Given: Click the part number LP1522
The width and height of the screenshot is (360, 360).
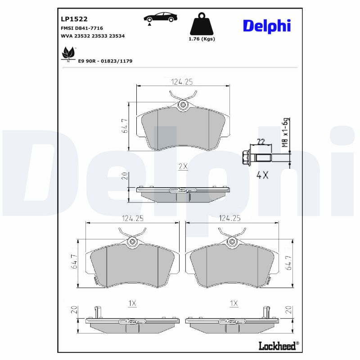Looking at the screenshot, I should (x=74, y=19).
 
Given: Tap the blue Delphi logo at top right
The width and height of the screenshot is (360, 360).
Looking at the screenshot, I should (x=267, y=26).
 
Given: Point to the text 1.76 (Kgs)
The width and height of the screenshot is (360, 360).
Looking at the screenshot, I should (x=201, y=39).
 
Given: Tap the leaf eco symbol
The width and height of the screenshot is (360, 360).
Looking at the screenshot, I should (x=68, y=54).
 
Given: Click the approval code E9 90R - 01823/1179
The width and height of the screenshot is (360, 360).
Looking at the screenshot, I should (x=105, y=60).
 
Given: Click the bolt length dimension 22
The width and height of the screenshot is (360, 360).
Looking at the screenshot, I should (x=260, y=141).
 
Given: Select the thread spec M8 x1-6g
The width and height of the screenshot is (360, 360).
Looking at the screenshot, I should (x=284, y=133).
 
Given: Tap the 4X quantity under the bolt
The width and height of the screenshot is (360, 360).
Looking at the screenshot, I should (x=262, y=175).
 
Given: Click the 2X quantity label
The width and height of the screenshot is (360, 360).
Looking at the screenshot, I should (x=183, y=166).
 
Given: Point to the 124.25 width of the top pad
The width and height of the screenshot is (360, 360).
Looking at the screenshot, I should (x=182, y=81).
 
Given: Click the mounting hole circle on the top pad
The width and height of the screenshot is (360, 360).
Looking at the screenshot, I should (x=183, y=105).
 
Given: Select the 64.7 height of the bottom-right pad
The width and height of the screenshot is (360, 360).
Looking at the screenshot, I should (x=288, y=262).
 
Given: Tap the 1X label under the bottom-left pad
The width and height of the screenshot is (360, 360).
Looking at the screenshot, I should (x=132, y=304).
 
